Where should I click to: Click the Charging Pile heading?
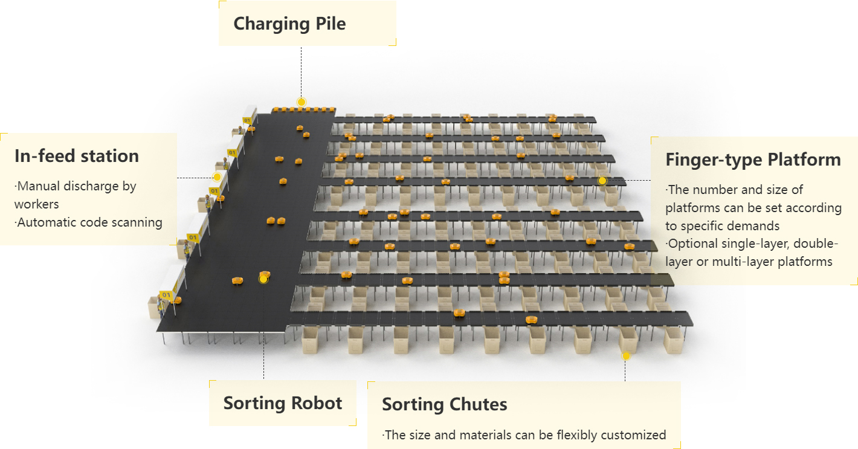(x=289, y=24)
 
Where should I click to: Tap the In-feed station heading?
(x=77, y=157)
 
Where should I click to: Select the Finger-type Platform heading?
(x=753, y=160)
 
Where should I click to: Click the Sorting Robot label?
(x=283, y=403)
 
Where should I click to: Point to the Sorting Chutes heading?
(x=444, y=404)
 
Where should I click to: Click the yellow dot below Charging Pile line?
(x=302, y=102)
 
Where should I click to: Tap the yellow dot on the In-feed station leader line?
(x=217, y=177)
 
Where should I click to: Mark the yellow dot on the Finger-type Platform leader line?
(x=602, y=181)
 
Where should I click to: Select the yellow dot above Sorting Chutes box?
(x=626, y=356)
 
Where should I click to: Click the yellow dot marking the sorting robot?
(x=263, y=279)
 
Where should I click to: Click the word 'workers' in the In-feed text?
(x=37, y=204)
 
